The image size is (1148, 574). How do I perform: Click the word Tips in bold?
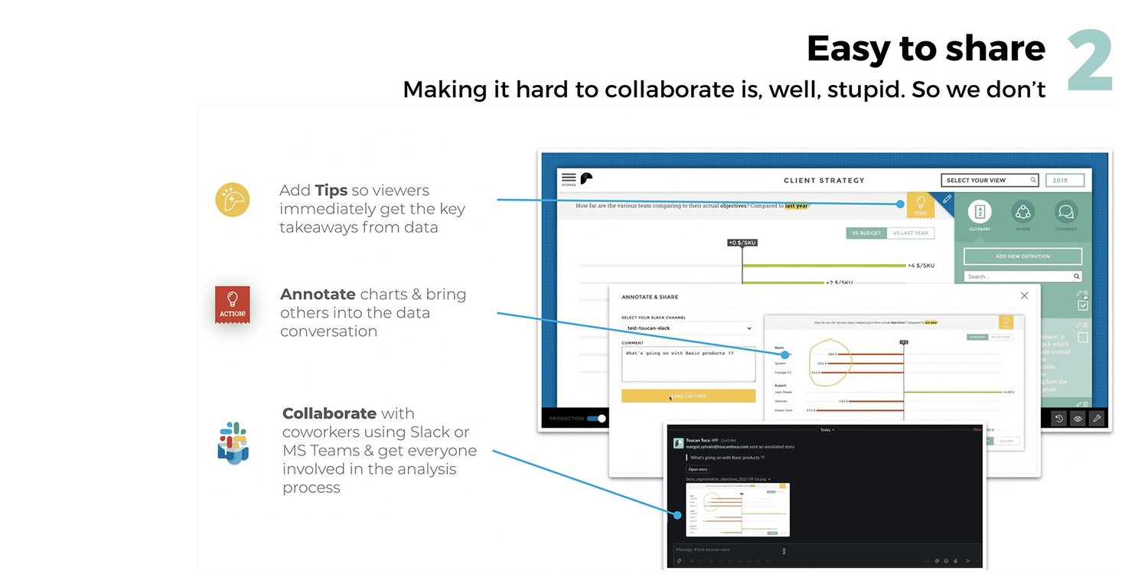click(331, 191)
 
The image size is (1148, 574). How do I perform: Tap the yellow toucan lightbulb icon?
click(233, 200)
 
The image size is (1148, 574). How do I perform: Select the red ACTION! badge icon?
click(232, 304)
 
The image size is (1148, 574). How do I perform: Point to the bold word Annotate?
click(318, 295)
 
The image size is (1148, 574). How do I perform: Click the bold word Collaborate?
click(329, 414)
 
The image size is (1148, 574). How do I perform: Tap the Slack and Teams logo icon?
click(233, 442)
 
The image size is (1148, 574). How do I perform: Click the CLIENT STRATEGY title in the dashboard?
click(823, 181)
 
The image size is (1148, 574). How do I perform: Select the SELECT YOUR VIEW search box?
click(990, 181)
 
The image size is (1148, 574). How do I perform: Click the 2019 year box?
click(1065, 181)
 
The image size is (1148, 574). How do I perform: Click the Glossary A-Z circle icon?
click(980, 212)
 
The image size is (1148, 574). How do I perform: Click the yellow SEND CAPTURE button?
click(688, 396)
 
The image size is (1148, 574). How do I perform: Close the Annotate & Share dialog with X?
click(1024, 296)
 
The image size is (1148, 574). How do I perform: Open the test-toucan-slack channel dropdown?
click(688, 328)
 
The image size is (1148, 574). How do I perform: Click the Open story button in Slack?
click(698, 469)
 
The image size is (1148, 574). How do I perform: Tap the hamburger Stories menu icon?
click(569, 178)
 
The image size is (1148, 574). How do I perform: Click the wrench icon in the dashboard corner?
click(1096, 419)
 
